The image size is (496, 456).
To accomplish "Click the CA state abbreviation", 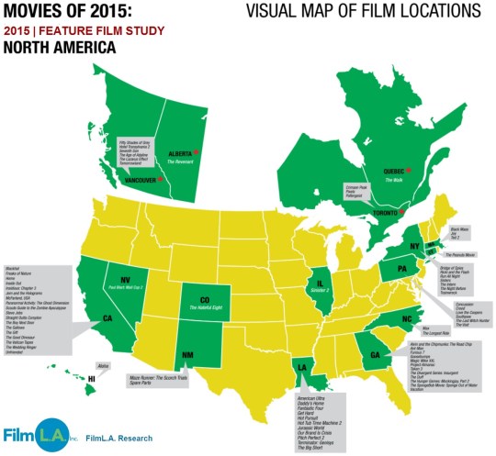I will pos(82,317).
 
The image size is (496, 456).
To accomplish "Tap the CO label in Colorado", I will pos(205,298).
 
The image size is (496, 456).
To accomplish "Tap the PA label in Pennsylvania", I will pos(400,270).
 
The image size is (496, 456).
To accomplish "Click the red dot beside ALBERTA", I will pos(196,151).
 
